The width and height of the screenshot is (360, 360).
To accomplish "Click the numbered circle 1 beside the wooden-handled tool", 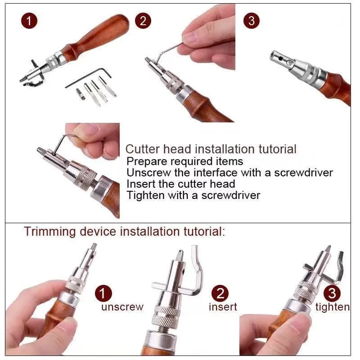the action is pos(29,21).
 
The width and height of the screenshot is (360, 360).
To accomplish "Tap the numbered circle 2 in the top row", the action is pos(143,21).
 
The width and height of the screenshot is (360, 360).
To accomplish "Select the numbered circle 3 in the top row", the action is pos(252,21).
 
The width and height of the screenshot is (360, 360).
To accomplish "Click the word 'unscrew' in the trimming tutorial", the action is pos(122,307).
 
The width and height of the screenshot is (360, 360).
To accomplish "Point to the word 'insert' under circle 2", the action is pos(223,307).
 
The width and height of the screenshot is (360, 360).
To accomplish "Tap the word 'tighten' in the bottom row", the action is pos(333,307).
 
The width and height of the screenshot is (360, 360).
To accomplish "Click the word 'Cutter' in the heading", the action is pos(142,149).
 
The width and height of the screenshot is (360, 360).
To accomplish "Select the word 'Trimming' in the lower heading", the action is pos(50,231).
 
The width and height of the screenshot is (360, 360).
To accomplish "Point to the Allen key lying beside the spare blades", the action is pos(88,77).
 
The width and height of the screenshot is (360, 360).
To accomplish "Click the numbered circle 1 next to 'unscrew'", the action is pos(103,293).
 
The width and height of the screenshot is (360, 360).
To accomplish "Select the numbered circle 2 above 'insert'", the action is pos(220,293).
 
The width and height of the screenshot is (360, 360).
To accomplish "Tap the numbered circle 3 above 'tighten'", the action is pos(332,293).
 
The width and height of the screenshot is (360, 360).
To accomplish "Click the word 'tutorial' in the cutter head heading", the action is pos(277,149).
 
